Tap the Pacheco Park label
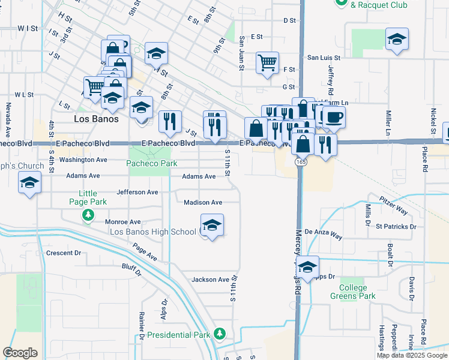coord(152,163)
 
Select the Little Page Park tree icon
coord(88,215)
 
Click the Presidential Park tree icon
coord(220,333)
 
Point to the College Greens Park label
coord(353,292)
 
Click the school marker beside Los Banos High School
coord(211,226)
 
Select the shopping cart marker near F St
coord(267,62)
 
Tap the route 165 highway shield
coord(300,162)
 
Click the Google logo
coord(20,353)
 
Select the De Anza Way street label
coord(323,233)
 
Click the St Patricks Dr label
coord(396,227)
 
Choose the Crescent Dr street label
coord(63,253)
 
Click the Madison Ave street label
coord(203,203)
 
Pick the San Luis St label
coord(324,58)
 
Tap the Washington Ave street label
coord(83,160)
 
